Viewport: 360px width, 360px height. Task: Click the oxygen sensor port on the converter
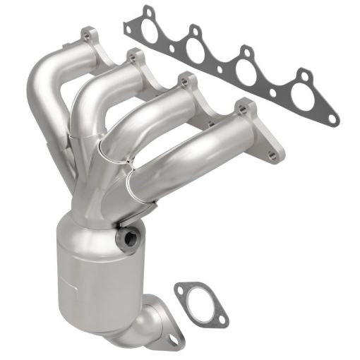click(128, 238)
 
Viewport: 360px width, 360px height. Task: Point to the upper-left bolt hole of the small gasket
click(181, 289)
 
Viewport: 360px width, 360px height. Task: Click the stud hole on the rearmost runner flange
click(88, 32)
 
